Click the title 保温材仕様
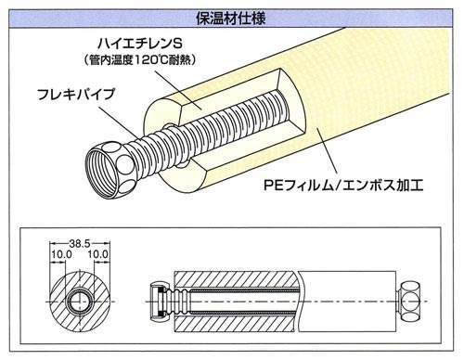(231, 19)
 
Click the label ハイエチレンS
(140, 44)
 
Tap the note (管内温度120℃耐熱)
(140, 59)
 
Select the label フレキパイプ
(76, 94)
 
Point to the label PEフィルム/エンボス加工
(343, 186)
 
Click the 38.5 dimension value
(80, 243)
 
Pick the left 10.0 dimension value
(61, 254)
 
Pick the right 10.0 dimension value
(97, 254)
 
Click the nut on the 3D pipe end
(110, 170)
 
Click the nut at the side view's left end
(160, 302)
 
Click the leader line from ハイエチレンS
(178, 89)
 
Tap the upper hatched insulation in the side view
(235, 280)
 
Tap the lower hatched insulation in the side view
(235, 323)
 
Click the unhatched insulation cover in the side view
(348, 302)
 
